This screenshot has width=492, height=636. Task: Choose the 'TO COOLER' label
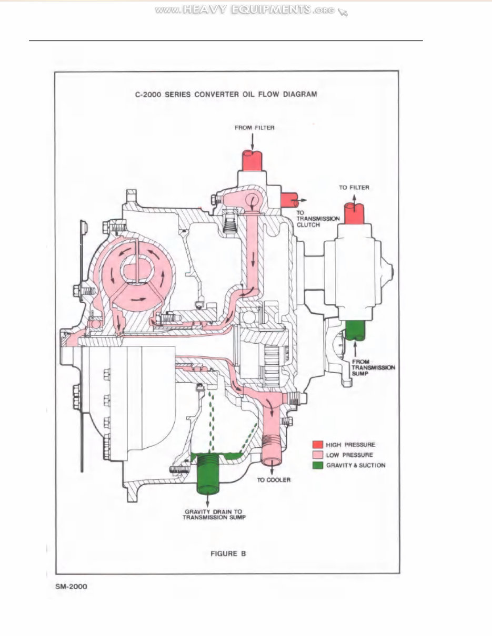click(x=273, y=480)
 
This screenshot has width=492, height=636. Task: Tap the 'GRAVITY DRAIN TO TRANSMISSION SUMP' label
click(x=214, y=514)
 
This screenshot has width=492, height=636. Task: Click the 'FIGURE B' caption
click(x=225, y=553)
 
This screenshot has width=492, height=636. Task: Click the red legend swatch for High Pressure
click(x=317, y=445)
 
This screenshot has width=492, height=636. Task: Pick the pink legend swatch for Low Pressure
click(x=317, y=455)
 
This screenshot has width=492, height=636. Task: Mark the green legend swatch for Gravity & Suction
click(x=317, y=465)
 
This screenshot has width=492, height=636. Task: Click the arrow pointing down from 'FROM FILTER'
click(x=253, y=140)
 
